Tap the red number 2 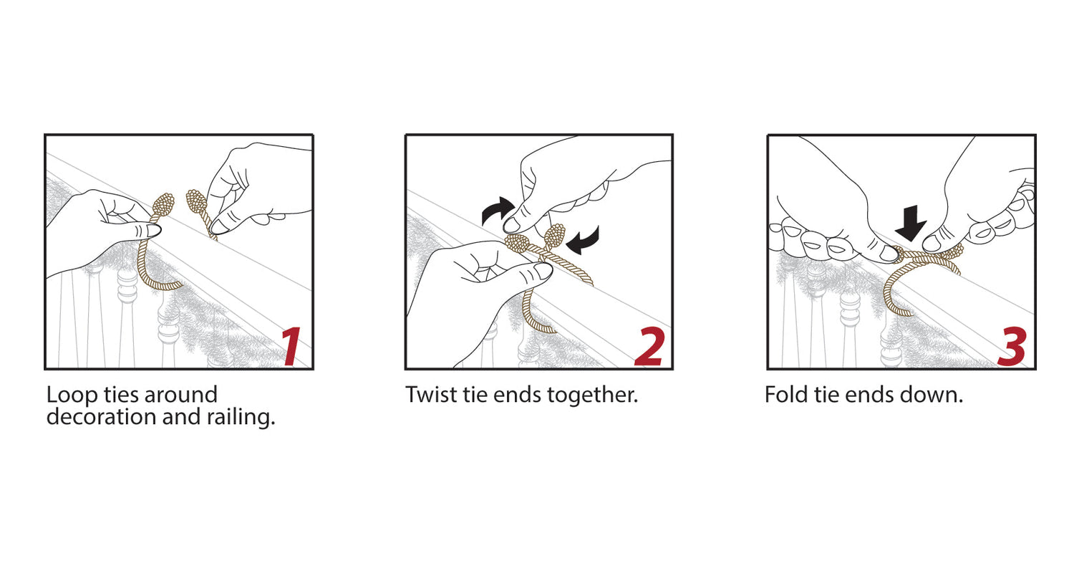point(649,346)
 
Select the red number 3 point(1012,346)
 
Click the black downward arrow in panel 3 point(911,223)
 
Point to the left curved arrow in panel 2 point(497,209)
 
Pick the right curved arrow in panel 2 point(583,240)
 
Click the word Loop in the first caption point(72,395)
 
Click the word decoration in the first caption point(101,417)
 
